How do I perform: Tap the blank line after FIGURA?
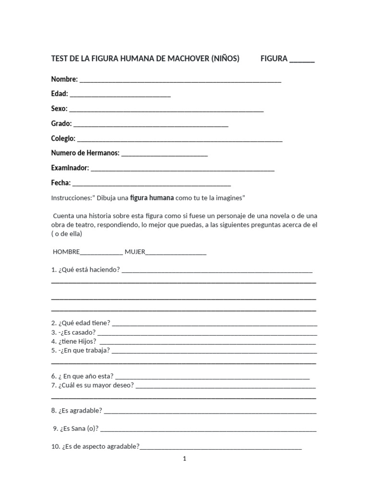point(302,60)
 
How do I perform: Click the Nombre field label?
point(64,79)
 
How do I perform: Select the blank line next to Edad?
point(120,95)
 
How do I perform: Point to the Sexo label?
point(59,109)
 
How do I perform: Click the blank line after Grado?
point(151,125)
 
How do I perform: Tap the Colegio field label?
point(63,139)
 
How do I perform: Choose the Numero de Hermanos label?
point(85,153)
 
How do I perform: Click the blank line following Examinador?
point(183,169)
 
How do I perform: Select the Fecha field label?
point(61,183)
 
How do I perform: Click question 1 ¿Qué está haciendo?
point(86,270)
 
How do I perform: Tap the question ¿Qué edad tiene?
point(81,323)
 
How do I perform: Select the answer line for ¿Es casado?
point(207,333)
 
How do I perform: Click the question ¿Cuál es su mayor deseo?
point(93,385)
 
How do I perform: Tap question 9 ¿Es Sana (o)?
point(76,428)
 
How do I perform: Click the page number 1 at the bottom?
point(184,459)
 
